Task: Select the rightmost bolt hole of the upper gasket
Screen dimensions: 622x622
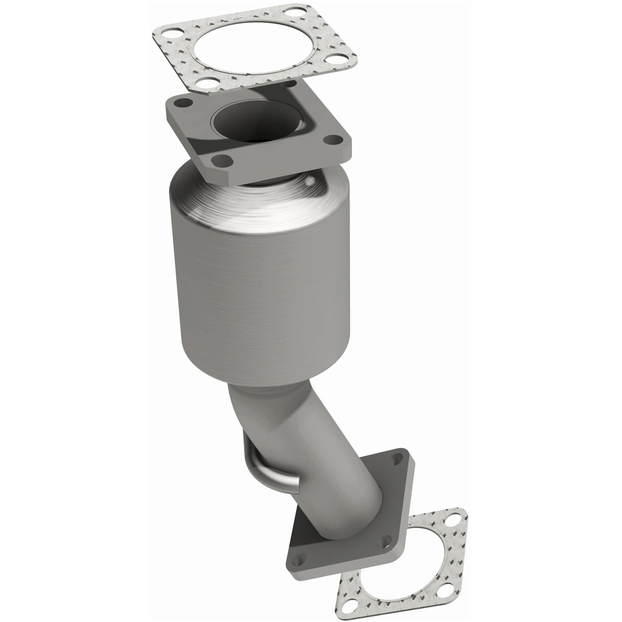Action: [338, 60]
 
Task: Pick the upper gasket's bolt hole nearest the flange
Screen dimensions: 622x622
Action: [203, 83]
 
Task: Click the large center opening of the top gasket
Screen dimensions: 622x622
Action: [251, 47]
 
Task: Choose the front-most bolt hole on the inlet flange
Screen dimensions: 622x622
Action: [218, 160]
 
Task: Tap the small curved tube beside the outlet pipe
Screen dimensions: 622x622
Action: [261, 466]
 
